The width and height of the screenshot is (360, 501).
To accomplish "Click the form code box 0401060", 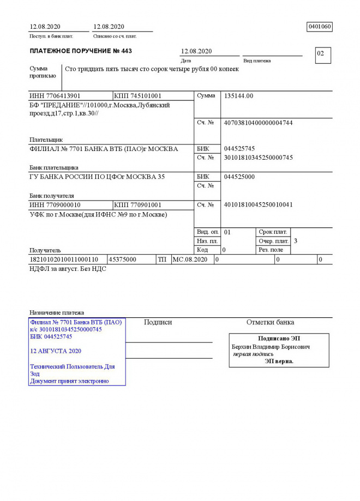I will (320, 27).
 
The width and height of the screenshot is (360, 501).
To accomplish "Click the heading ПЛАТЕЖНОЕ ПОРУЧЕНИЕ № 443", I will (81, 51).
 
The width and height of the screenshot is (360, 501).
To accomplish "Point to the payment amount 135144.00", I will (239, 96).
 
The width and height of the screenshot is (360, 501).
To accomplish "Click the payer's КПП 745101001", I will (138, 96).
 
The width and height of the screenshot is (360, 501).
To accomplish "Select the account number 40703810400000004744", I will (258, 123).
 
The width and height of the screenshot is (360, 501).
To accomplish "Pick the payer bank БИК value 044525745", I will (239, 149).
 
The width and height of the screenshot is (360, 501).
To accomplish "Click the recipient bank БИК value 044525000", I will (239, 177).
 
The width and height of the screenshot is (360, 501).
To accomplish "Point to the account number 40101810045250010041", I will (258, 205).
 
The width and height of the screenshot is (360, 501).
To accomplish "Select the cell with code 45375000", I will (123, 260).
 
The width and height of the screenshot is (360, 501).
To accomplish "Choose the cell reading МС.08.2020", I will (190, 260).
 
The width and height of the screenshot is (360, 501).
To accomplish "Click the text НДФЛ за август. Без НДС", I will (68, 269).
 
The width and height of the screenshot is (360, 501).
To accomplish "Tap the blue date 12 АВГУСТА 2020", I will (56, 351).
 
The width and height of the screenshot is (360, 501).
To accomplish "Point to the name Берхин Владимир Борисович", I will (271, 347).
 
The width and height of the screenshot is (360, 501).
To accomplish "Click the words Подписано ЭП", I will (279, 339).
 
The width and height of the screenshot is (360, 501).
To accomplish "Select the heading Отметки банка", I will (270, 322).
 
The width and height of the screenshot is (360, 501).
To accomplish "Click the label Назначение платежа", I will (57, 313).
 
